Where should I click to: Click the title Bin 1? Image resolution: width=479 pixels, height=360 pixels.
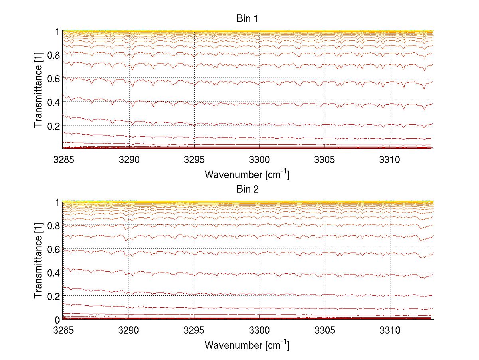click(x=247, y=18)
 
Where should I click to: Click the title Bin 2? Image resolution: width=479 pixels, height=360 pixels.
click(x=247, y=189)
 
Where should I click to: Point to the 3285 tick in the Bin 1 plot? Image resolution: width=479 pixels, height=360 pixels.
click(x=63, y=160)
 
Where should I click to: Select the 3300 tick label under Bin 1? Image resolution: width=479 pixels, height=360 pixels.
click(x=259, y=160)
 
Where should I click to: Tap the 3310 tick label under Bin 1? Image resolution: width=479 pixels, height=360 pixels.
click(x=390, y=160)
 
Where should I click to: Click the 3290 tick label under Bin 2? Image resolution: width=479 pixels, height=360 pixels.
click(x=129, y=331)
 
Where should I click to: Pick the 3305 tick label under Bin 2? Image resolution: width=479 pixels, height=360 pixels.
click(x=325, y=331)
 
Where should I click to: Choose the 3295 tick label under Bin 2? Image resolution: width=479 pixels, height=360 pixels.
click(x=194, y=331)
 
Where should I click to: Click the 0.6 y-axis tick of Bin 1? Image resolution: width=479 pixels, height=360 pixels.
click(x=54, y=78)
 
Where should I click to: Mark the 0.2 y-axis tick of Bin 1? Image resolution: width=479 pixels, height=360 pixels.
click(x=54, y=125)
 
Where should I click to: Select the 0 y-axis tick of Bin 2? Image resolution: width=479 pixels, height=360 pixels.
click(x=57, y=320)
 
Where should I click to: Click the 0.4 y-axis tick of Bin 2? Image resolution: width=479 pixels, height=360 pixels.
click(x=54, y=272)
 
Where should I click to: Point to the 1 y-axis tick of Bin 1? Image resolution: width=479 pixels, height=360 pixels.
click(x=57, y=31)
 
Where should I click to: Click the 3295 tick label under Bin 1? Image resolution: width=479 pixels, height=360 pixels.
click(x=194, y=160)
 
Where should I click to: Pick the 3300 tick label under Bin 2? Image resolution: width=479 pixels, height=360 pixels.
click(x=259, y=331)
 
